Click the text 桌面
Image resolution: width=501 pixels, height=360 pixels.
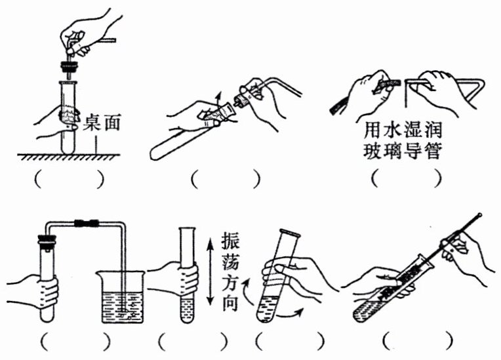tap(103, 123)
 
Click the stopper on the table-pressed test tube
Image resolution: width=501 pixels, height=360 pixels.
tap(68, 66)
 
